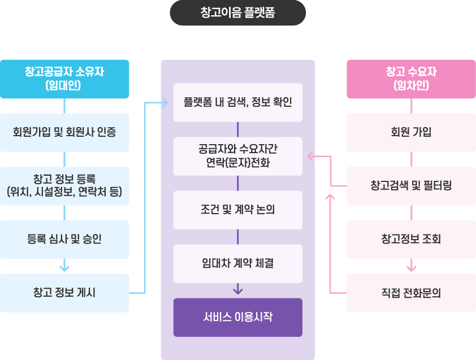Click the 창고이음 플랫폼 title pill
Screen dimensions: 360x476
point(237,13)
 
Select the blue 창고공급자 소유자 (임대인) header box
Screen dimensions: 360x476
point(64,79)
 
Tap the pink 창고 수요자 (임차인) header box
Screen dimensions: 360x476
point(411,79)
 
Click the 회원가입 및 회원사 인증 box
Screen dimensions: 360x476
point(64,132)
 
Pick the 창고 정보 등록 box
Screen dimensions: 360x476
point(64,186)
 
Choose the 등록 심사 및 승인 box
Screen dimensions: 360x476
point(64,239)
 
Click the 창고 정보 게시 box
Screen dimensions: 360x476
point(64,293)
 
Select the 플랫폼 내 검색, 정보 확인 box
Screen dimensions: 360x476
point(237,102)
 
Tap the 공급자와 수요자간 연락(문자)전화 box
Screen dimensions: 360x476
point(237,156)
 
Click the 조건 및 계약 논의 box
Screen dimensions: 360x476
point(237,210)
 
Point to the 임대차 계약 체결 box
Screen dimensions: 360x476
point(237,263)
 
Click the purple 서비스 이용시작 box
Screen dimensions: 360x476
point(237,317)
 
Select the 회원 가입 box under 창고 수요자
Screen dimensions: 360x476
point(411,132)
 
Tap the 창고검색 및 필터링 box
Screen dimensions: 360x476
point(411,186)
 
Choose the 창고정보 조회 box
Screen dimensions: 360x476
point(411,239)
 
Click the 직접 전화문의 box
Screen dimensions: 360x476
point(411,293)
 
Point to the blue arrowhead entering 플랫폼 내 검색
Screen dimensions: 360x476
point(165,103)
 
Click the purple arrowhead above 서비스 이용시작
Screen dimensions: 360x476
point(237,290)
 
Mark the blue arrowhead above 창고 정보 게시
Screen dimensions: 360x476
point(64,266)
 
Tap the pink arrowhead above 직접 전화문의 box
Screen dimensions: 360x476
point(411,266)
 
